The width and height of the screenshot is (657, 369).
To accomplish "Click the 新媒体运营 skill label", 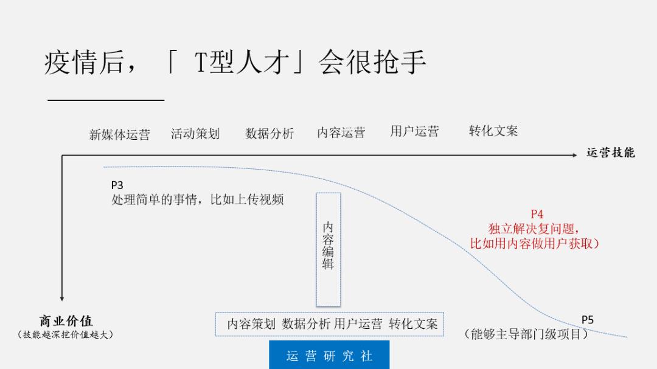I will click(x=119, y=135).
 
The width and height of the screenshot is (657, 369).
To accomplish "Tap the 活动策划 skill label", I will click(x=195, y=134).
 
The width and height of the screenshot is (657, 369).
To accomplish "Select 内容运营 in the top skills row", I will click(x=341, y=133).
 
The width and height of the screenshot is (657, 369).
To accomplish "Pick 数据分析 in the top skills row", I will click(x=269, y=134).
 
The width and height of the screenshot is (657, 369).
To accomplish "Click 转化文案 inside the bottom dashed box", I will click(x=413, y=324).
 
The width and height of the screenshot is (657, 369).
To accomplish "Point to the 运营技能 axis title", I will click(x=610, y=153).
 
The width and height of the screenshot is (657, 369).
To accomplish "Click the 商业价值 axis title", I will click(x=66, y=321).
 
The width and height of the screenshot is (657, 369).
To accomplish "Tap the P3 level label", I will click(x=117, y=185).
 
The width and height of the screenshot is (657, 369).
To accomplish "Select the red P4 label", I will click(x=537, y=214).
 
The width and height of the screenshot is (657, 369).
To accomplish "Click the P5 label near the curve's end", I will click(x=587, y=320).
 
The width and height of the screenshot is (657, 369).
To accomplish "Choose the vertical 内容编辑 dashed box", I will click(x=328, y=249).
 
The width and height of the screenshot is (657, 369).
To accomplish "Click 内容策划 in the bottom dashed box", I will click(x=251, y=324).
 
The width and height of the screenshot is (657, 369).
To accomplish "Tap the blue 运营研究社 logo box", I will click(x=329, y=355).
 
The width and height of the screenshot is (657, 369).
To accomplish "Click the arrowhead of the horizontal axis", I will click(x=574, y=155).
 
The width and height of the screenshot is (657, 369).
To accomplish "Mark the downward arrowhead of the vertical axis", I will click(x=61, y=297).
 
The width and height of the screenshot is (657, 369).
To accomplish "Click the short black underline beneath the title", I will click(x=106, y=100).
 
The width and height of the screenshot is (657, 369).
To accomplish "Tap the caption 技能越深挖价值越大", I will click(x=66, y=334).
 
